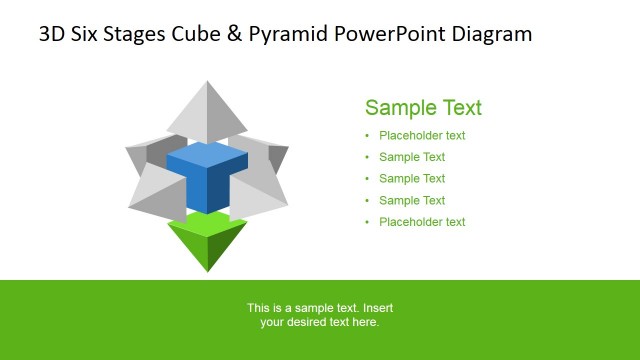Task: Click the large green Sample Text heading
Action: (423, 108)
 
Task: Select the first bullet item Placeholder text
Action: (422, 136)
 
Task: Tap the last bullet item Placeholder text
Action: (422, 222)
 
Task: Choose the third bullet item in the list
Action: (412, 179)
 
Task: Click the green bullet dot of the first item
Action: (367, 136)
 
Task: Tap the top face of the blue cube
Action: (207, 155)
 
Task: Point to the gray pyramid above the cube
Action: (207, 112)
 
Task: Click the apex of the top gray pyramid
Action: (207, 83)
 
